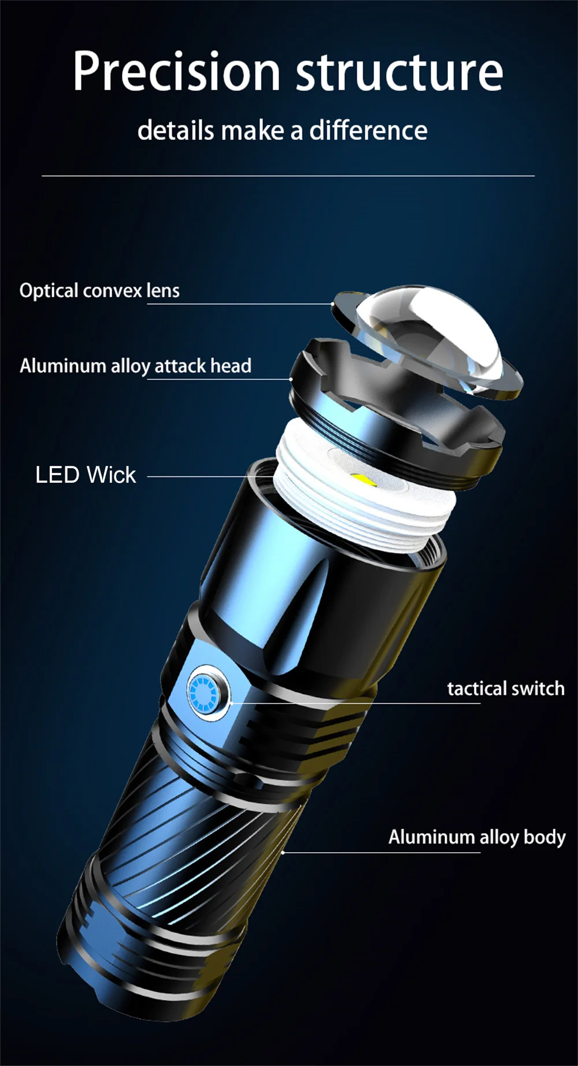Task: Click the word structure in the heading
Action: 399,72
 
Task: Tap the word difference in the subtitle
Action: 368,131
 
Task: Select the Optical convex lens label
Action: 99,290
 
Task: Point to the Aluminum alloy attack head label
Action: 135,366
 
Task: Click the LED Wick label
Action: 86,475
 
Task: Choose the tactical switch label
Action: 506,689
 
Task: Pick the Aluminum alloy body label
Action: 476,837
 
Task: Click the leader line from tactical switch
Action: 353,704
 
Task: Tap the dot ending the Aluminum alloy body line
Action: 283,852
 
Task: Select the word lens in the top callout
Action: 163,290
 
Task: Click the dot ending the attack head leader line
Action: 291,379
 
